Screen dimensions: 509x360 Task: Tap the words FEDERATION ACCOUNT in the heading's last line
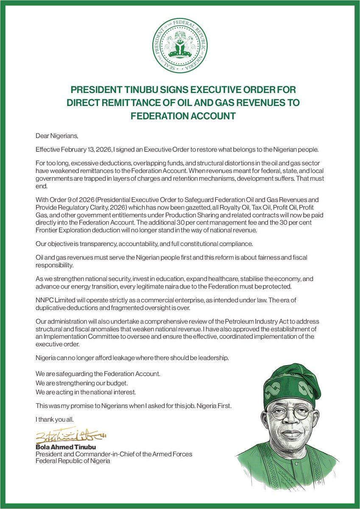coord(180,116)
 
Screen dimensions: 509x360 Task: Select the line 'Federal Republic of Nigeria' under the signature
coord(73,461)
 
